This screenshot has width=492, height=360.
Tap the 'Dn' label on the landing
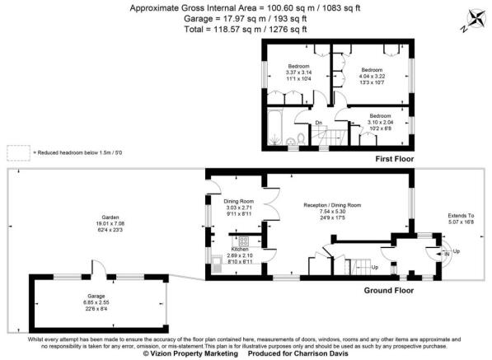pyautogui.click(x=319, y=124)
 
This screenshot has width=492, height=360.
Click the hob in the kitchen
pyautogui.click(x=245, y=241)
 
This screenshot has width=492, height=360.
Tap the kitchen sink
pyautogui.click(x=216, y=264)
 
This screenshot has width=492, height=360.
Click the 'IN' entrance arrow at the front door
pyautogui.click(x=448, y=255)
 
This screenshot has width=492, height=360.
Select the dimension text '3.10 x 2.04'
pyautogui.click(x=380, y=122)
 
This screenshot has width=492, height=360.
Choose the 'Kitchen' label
pyautogui.click(x=241, y=249)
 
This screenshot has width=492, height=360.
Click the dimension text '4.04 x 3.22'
pyautogui.click(x=373, y=76)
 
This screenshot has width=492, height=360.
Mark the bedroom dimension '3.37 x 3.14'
pyautogui.click(x=298, y=71)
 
